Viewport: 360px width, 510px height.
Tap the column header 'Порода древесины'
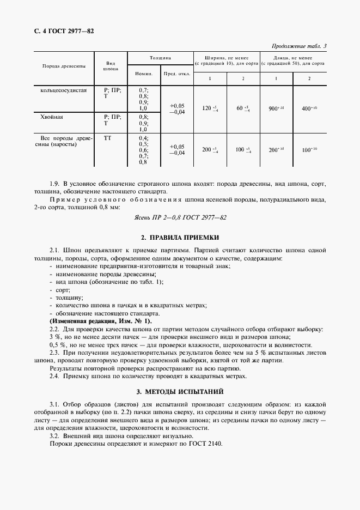click(64, 66)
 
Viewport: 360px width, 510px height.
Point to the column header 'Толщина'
click(160, 57)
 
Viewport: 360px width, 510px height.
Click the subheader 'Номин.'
click(143, 74)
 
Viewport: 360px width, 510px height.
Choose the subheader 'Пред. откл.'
click(177, 74)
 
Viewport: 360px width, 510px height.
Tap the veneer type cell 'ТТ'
click(107, 138)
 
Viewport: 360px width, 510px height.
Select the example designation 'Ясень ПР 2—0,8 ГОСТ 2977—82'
click(180, 217)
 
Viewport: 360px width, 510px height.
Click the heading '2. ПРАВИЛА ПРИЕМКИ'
click(180, 238)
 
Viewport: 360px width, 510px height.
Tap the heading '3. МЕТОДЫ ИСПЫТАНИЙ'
click(180, 392)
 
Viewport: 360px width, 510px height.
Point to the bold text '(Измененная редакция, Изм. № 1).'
click(93, 321)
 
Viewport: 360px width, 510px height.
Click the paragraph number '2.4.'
click(55, 376)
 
